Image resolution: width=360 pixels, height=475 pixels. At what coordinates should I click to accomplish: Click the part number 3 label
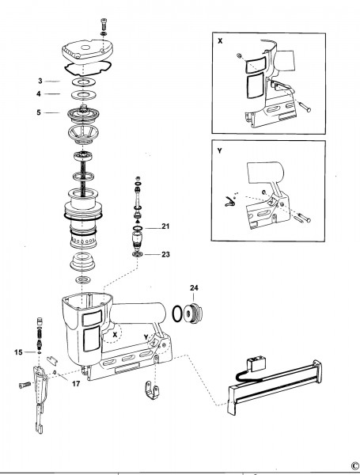pos(40,81)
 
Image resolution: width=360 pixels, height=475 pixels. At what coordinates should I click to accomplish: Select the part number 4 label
pos(39,94)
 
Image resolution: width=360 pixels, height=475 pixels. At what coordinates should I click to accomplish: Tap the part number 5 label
pos(39,112)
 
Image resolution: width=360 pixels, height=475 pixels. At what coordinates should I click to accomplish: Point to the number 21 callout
pos(165,226)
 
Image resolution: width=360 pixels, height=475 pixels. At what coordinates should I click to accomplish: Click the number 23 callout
pos(165,254)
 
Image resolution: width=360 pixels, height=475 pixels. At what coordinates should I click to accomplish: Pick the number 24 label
pos(194,288)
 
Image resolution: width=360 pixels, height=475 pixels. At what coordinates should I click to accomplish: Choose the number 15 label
pos(18,352)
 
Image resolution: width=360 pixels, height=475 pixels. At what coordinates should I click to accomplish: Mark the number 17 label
pos(76,383)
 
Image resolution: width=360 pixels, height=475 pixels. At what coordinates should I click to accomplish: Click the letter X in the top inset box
pos(220,41)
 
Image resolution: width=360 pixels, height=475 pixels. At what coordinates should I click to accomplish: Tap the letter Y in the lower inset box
pos(219,150)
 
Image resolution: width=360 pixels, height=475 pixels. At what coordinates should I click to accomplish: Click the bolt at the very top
pos(103,23)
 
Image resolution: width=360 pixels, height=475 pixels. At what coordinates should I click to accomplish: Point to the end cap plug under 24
pos(193,313)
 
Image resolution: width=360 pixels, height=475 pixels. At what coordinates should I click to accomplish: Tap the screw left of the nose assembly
pos(25,385)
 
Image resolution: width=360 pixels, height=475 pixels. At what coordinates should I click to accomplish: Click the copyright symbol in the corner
pos(355,465)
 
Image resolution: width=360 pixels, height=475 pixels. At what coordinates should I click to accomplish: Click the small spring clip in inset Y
pos(229,201)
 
